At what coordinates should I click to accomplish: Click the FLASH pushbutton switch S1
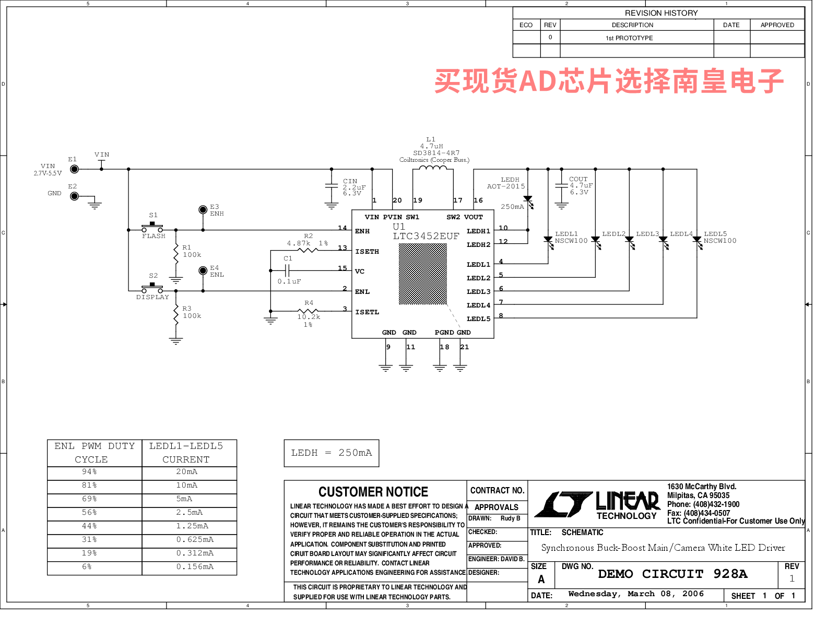(152, 228)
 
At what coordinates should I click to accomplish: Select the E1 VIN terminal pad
(75, 169)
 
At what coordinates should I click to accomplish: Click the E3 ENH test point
(203, 210)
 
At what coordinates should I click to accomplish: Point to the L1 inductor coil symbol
(433, 168)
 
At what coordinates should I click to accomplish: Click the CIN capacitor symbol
(332, 186)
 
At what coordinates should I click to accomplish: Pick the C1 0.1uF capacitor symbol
(287, 271)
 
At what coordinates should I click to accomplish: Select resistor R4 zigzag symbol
(308, 311)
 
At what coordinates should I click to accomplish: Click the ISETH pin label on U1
(367, 252)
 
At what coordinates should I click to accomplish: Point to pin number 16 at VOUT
(478, 200)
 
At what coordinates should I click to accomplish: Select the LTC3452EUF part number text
(426, 236)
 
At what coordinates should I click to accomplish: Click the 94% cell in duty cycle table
(89, 472)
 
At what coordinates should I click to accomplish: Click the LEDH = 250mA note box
(332, 453)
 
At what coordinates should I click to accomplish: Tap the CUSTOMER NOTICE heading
(373, 492)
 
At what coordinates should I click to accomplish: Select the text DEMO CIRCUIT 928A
(672, 574)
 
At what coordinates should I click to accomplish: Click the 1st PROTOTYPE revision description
(629, 38)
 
